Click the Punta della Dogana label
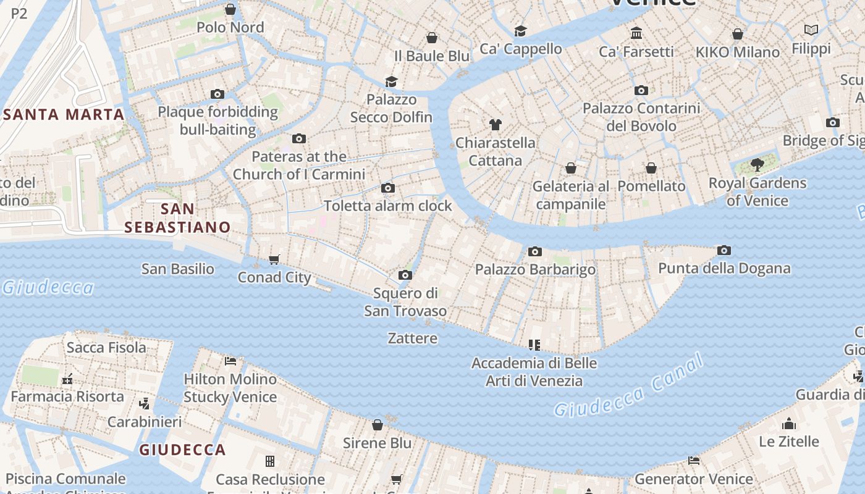pos(724,269)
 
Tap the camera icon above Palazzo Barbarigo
pos(535,251)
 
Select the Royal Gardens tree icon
pos(757,165)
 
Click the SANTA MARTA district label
pos(64,114)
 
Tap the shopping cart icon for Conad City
pos(274,259)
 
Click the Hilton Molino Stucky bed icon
pos(230,361)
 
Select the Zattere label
pos(413,338)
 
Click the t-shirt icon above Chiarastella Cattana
pos(495,125)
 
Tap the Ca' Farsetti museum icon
pos(636,33)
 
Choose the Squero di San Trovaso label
pos(405,302)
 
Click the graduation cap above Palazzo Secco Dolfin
pos(391,82)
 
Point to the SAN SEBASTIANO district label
pos(177,218)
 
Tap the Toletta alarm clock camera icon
pos(388,188)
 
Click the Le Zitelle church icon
pos(788,424)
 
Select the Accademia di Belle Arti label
pos(534,372)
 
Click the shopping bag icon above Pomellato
pos(651,168)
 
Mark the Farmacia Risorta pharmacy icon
pos(67,379)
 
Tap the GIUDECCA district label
pos(182,450)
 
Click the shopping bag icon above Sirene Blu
pos(378,425)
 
